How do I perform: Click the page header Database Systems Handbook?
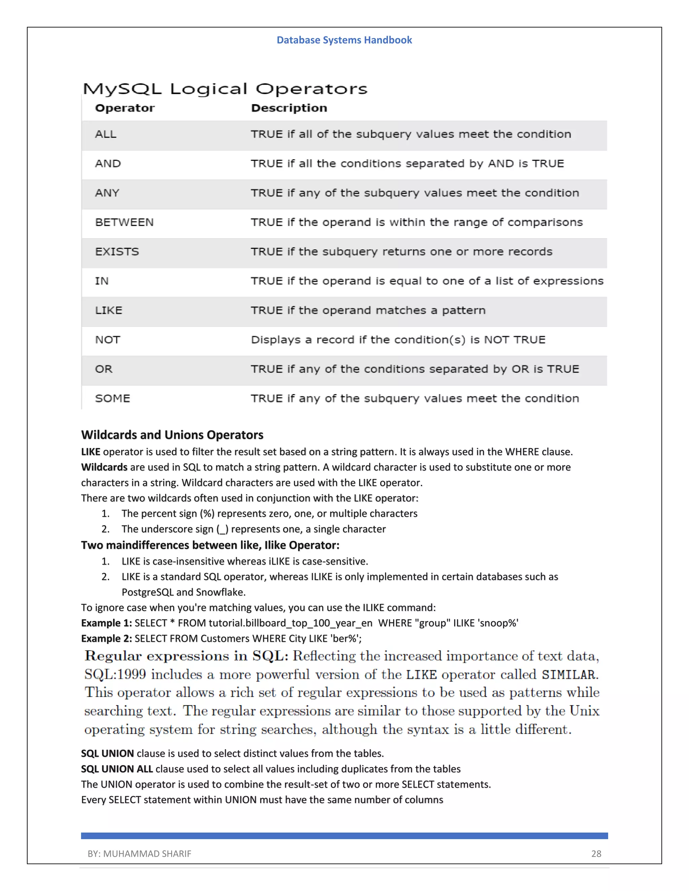[344, 40]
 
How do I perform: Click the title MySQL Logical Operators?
[225, 89]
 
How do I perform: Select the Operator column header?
[125, 108]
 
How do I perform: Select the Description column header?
[289, 108]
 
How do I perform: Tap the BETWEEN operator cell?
[124, 222]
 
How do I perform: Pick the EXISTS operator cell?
[117, 252]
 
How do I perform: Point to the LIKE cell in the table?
[109, 310]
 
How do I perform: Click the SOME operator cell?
[113, 398]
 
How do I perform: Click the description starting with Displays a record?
[398, 340]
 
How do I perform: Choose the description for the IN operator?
[427, 281]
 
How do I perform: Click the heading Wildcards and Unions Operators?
[172, 435]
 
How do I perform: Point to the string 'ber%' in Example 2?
[346, 638]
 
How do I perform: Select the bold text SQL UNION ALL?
[117, 769]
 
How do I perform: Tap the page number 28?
[596, 854]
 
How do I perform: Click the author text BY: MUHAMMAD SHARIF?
[139, 854]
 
